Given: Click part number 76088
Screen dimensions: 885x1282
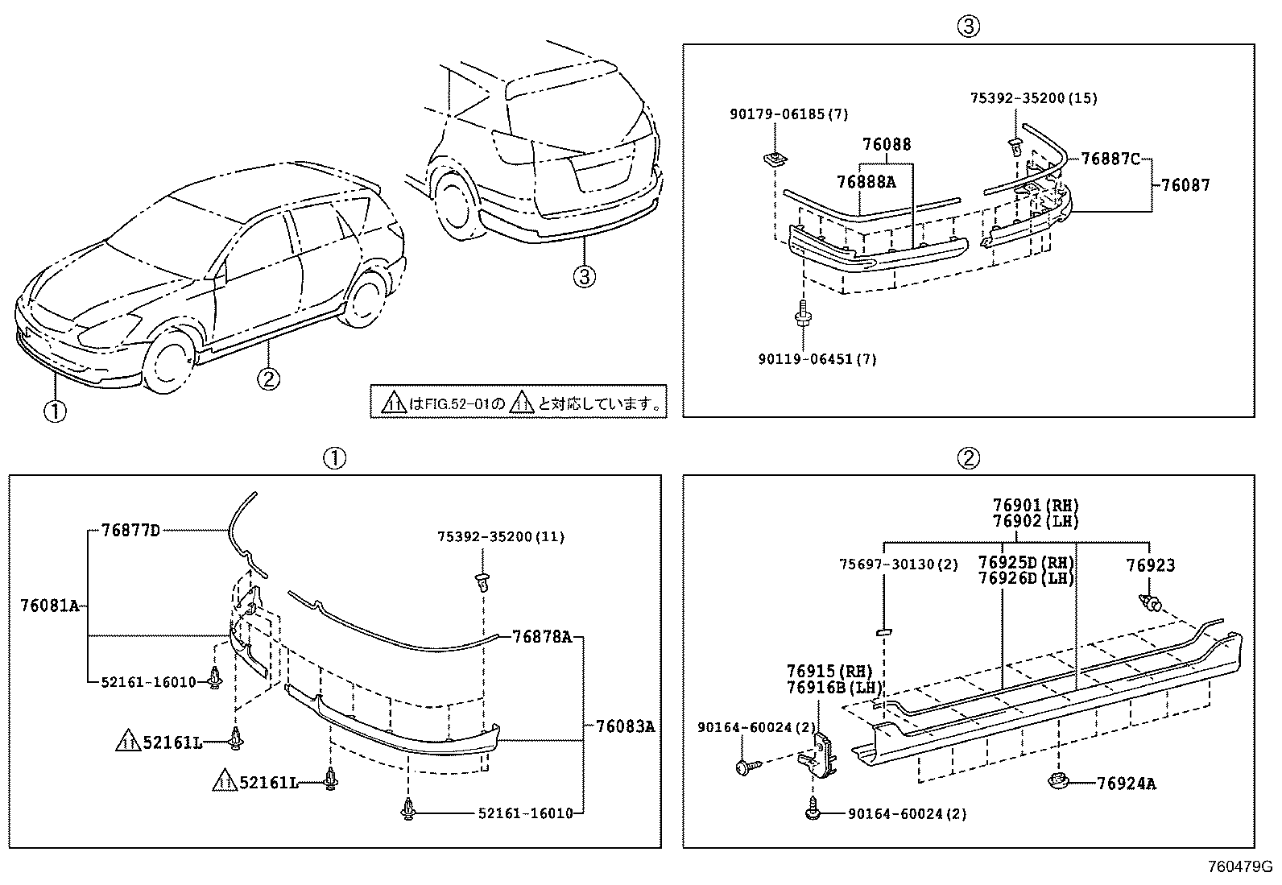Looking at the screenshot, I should pos(887,145).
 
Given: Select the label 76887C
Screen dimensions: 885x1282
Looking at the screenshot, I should pos(1110,159).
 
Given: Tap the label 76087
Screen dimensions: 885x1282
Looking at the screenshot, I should pos(1185,185).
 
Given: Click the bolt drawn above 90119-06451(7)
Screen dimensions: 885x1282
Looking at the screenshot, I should pos(803,314).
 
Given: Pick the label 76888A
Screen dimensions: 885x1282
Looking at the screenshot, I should pos(866,182).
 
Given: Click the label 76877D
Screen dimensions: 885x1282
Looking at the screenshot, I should pos(130,530).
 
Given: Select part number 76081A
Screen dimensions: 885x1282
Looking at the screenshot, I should pos(49,606).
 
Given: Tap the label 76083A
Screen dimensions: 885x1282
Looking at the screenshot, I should pos(625,726).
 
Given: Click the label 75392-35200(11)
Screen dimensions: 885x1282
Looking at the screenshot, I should pos(501,536).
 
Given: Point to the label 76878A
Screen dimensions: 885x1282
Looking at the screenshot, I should pos(541,637).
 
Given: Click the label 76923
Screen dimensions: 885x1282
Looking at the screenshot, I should pos(1150,566).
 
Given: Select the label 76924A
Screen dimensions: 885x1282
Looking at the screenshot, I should pos(1126,784).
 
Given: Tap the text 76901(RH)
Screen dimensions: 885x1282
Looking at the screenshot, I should pos(1035,506).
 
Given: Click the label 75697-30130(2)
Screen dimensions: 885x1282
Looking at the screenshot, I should pos(899,564).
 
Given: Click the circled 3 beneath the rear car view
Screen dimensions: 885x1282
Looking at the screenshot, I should pos(584,277).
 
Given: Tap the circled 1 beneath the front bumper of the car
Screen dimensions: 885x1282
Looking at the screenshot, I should pos(55,411).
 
